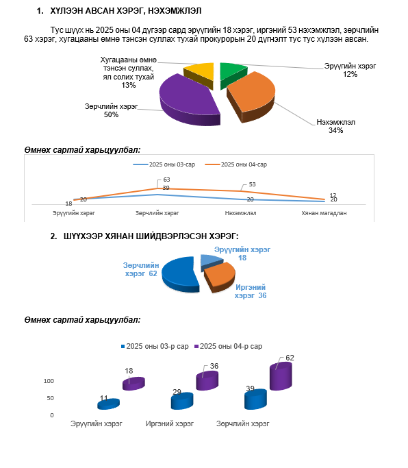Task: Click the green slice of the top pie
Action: coord(231,73)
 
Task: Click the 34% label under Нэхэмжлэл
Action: coord(336,130)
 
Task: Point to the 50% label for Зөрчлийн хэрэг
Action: coord(111,114)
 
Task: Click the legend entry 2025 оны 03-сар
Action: coord(164,164)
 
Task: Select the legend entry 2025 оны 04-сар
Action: coord(236,164)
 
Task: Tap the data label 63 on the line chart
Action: coord(166,180)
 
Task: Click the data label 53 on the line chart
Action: coord(253,184)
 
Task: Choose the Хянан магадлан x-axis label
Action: coord(324,213)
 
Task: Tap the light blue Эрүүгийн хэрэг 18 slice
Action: coord(211,262)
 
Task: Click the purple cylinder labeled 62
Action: coord(281,376)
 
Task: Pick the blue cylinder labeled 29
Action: coord(182,401)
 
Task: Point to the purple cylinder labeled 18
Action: coord(133,384)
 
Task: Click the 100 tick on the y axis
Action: coord(49,381)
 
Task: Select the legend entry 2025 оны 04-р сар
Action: coord(229,346)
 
